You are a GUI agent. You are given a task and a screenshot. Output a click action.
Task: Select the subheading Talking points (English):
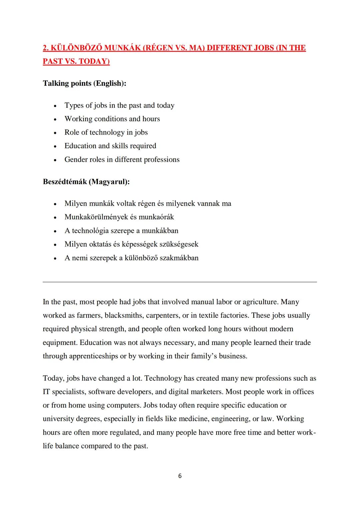coord(84,83)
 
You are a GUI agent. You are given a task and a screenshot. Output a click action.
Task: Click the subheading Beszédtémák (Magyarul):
coord(86,182)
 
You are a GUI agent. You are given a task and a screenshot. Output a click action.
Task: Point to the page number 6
coord(180,476)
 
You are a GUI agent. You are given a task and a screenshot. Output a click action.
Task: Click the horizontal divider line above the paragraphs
coord(180,282)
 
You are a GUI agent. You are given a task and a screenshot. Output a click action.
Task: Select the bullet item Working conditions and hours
coord(112,119)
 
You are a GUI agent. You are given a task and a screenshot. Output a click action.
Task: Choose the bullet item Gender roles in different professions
coord(122,160)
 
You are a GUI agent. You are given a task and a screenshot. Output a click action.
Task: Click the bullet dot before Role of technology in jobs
coord(55,133)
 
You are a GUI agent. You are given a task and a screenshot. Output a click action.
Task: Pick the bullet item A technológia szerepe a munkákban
coord(121,231)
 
